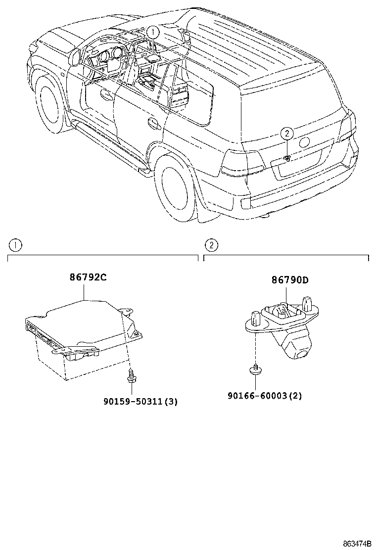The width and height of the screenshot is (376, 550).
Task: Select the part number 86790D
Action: point(289,280)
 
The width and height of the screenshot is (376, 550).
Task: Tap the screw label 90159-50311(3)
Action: point(140,402)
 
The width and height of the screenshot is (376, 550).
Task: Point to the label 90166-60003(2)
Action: point(265,396)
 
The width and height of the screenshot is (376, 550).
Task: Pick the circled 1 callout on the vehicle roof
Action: point(153,33)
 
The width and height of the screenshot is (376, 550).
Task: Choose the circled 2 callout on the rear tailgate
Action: point(287,133)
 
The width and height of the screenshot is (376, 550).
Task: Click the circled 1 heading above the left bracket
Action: point(16,245)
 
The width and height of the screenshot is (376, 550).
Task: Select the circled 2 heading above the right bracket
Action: point(211,245)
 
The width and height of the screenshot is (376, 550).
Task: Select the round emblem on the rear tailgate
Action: point(305,141)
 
